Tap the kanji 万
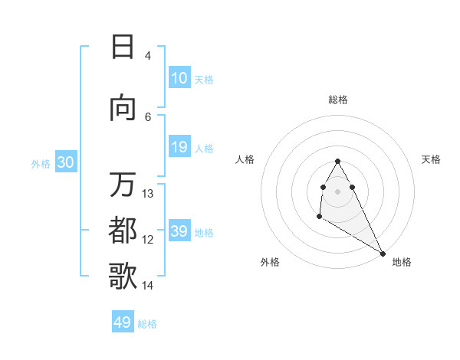[123, 185]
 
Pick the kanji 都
[123, 230]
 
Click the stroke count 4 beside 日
[148, 56]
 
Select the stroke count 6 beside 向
[148, 116]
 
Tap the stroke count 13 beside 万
[148, 194]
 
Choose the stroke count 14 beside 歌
[148, 286]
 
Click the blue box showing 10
[179, 78]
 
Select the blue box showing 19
[179, 147]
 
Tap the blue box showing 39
[179, 231]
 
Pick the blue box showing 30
[66, 162]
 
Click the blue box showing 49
[123, 322]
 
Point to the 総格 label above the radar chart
[338, 100]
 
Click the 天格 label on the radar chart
[431, 159]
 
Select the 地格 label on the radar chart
[402, 262]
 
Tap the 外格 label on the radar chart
[270, 262]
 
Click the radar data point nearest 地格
[383, 253]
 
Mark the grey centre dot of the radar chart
[337, 191]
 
